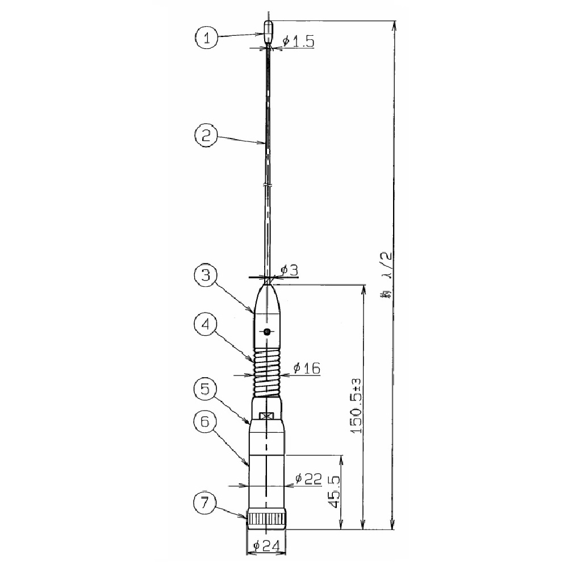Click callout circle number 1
[x=207, y=39]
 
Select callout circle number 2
[x=207, y=136]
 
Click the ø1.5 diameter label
[x=298, y=41]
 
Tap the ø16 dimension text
[x=307, y=369]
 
